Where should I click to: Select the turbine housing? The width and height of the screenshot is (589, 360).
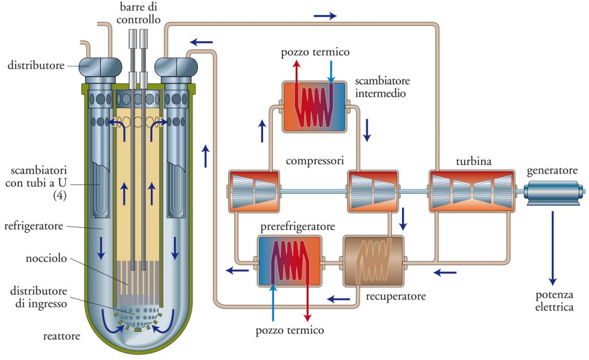[x=471, y=191]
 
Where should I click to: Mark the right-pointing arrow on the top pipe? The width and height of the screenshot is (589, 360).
[x=325, y=16]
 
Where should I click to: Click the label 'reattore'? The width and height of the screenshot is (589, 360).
[x=62, y=336]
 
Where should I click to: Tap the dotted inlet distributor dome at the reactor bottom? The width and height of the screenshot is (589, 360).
[x=137, y=317]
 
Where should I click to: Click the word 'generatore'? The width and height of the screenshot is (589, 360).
[x=552, y=171]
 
